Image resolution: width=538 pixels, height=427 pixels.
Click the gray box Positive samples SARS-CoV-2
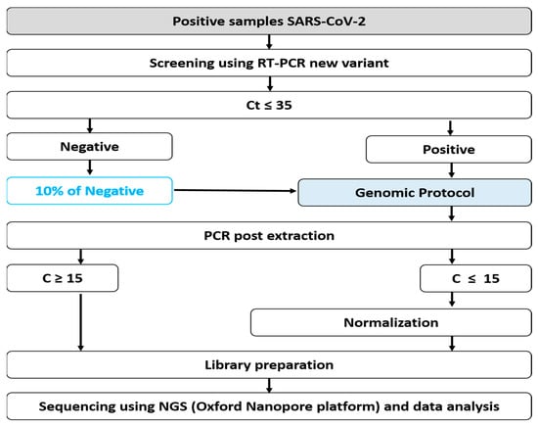[269, 22]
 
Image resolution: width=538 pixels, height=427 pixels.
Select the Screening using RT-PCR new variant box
[269, 64]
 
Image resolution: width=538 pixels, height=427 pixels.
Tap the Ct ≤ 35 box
[269, 105]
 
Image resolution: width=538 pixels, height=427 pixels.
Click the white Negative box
[90, 147]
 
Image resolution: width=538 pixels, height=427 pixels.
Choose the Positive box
[449, 150]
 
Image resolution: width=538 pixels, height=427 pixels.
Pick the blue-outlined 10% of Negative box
[90, 191]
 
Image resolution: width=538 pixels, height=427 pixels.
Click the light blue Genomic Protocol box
[415, 193]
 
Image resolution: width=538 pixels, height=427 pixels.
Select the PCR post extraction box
[269, 236]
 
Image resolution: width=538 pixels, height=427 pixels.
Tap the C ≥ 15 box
[63, 278]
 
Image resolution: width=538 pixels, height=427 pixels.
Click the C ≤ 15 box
[476, 278]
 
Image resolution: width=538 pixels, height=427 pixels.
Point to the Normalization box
[391, 322]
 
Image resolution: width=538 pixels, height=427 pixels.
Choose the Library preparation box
[269, 365]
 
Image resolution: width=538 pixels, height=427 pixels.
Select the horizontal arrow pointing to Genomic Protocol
[235, 190]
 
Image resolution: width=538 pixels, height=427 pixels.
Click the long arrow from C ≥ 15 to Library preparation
[80, 322]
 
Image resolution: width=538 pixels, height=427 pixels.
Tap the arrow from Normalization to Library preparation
[452, 344]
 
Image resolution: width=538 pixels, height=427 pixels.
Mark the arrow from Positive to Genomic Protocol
[452, 170]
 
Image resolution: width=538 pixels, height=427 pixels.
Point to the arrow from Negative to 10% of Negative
[90, 167]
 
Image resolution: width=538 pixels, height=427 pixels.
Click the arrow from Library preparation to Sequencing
[269, 386]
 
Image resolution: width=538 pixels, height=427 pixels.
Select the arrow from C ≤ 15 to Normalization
[452, 300]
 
